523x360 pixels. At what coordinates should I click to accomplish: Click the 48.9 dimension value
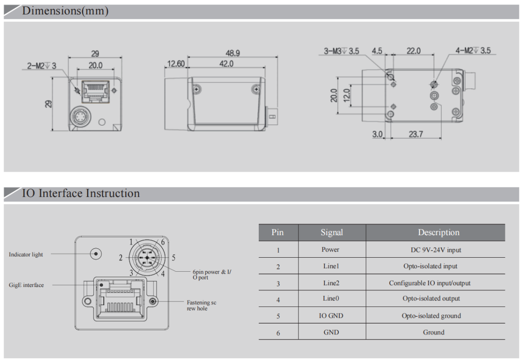(232, 53)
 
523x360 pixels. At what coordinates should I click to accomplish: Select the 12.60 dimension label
(175, 64)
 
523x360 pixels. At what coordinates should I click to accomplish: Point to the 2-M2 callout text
(42, 66)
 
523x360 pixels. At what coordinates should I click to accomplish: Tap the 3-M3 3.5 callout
(341, 51)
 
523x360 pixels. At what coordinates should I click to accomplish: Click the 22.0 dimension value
(413, 51)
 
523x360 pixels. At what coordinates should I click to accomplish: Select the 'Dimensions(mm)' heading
(65, 11)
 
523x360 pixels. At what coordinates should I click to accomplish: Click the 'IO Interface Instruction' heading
(81, 193)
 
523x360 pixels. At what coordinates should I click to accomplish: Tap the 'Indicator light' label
(26, 255)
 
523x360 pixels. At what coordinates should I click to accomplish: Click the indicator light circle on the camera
(96, 254)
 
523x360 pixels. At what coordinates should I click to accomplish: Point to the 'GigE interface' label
(26, 285)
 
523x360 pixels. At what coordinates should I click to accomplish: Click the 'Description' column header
(438, 232)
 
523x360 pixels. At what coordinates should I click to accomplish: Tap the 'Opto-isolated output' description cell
(431, 298)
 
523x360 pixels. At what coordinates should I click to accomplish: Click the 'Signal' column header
(331, 232)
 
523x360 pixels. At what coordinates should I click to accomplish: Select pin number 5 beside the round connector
(174, 258)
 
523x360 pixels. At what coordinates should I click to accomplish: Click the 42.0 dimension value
(226, 64)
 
